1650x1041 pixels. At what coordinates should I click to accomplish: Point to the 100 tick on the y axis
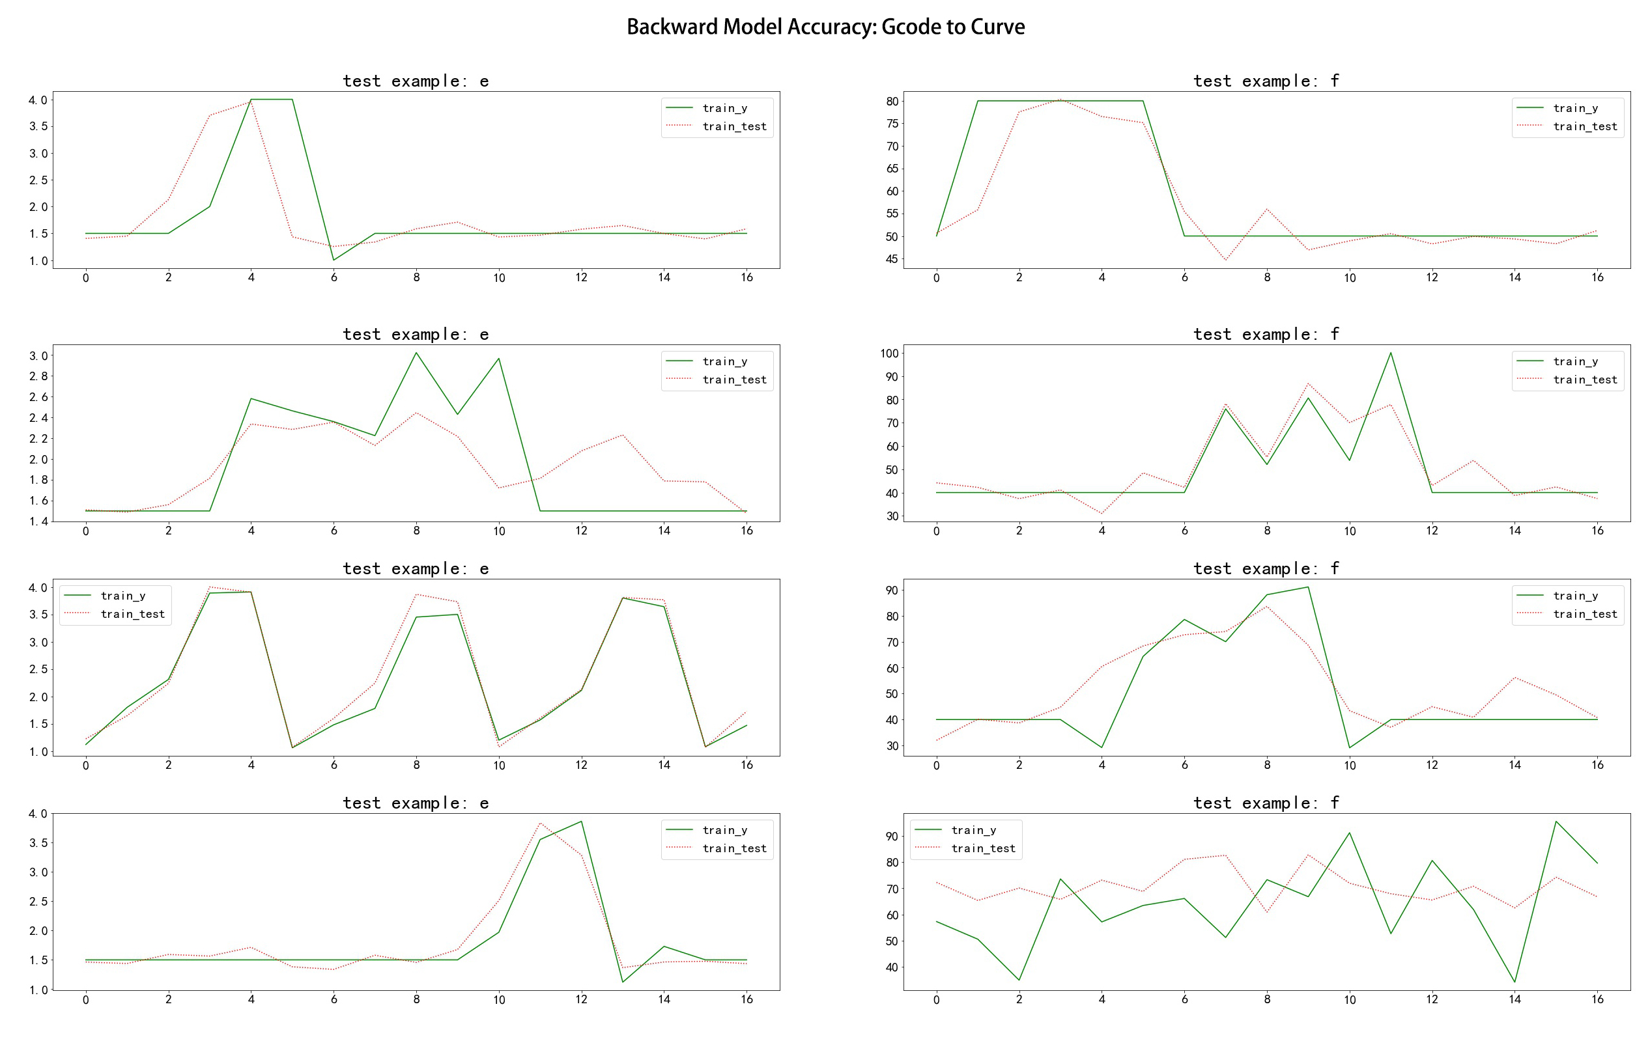(x=889, y=354)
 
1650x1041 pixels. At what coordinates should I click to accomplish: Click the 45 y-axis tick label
(x=892, y=259)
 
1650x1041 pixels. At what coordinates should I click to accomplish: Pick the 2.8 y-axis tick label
(x=38, y=376)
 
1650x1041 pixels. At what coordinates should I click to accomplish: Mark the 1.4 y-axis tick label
(x=38, y=521)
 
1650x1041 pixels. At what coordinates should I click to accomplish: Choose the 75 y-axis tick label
(x=892, y=124)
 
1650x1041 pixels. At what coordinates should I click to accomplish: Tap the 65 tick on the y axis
(x=892, y=169)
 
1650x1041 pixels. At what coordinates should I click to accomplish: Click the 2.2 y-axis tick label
(x=38, y=438)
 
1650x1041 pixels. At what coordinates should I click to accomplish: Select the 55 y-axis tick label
(x=892, y=214)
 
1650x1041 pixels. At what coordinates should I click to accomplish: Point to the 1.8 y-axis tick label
(x=38, y=480)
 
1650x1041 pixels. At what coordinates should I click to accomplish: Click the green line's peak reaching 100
(x=1390, y=353)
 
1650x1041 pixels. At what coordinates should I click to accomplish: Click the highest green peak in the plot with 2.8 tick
(x=416, y=353)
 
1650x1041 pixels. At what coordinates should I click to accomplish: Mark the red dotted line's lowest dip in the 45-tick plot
(x=1225, y=260)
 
